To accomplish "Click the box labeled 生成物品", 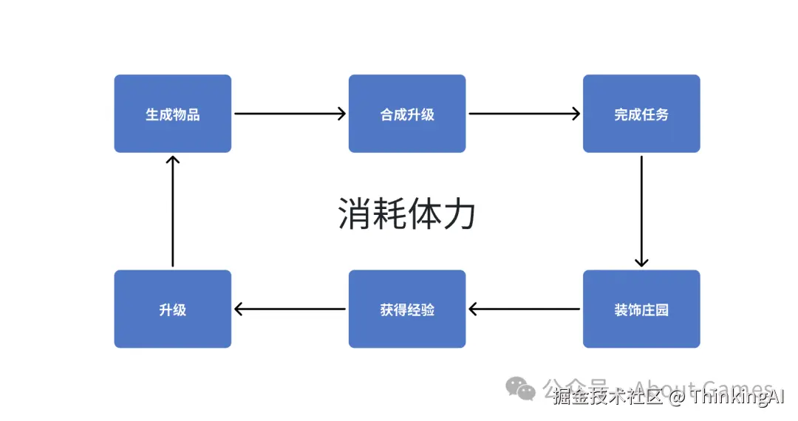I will [x=172, y=114].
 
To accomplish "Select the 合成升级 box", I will [x=407, y=114].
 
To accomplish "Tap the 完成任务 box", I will [x=641, y=114].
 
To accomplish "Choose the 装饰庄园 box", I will [x=641, y=309].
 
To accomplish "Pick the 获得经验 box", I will [x=407, y=309].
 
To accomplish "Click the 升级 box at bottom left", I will [x=172, y=309].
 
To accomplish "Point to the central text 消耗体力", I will [x=406, y=214].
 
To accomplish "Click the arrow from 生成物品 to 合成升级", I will [x=290, y=114].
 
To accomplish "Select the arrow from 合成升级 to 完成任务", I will [x=525, y=114].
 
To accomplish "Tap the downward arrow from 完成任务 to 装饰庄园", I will [x=641, y=210].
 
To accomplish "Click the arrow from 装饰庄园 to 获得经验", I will [x=525, y=309].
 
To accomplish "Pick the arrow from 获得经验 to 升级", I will [x=290, y=309].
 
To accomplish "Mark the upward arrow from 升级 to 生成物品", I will [x=172, y=210].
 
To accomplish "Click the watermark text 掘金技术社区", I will [x=607, y=397].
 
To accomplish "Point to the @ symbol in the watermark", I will [x=677, y=397].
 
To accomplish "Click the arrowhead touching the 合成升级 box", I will [x=341, y=114].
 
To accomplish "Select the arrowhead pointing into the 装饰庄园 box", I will [x=641, y=261].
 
